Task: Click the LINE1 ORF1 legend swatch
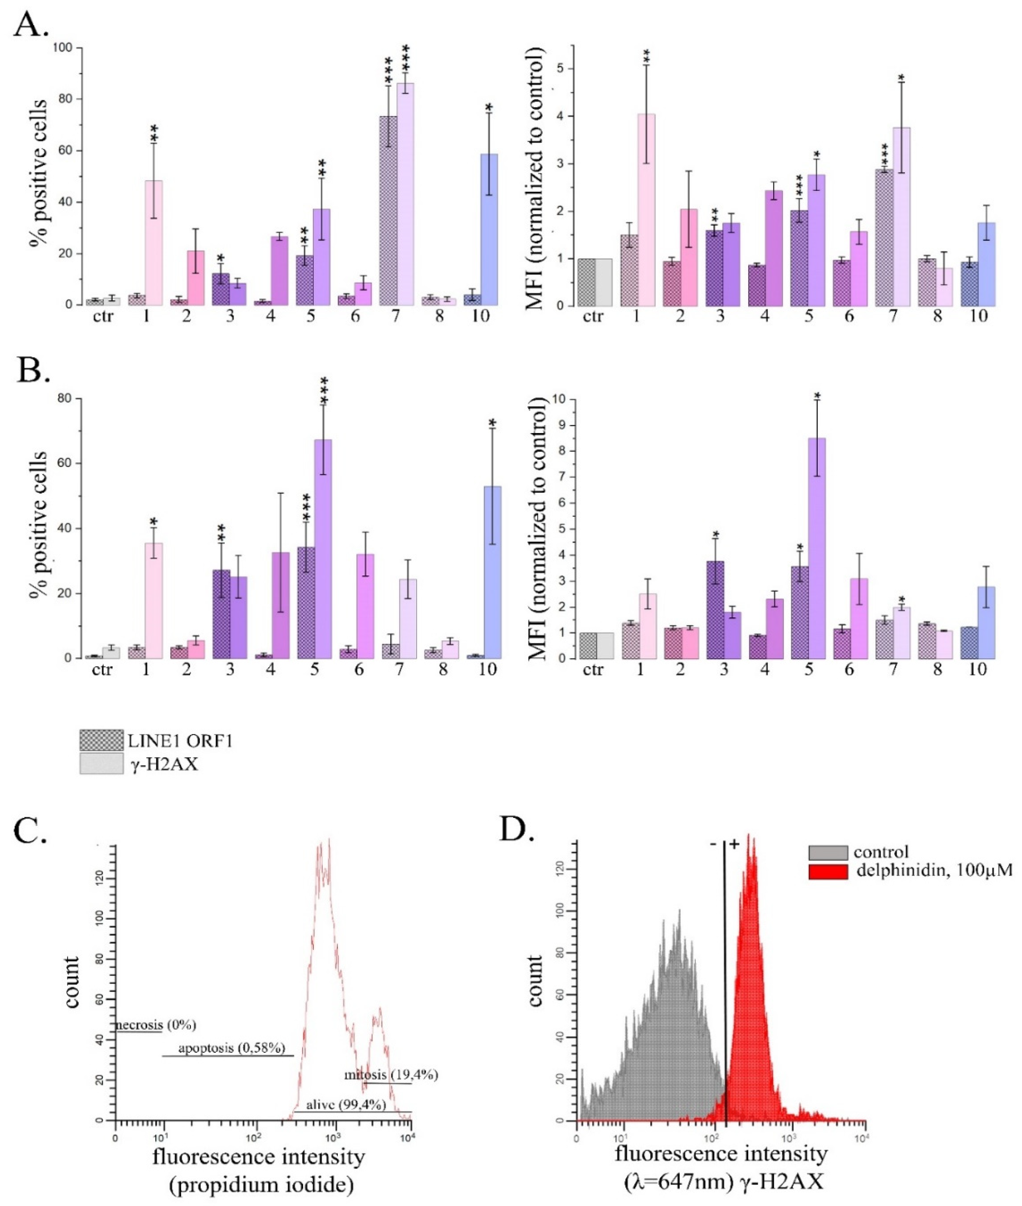coord(101,740)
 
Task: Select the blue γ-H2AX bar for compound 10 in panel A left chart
coord(488,229)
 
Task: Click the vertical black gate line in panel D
coord(725,985)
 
